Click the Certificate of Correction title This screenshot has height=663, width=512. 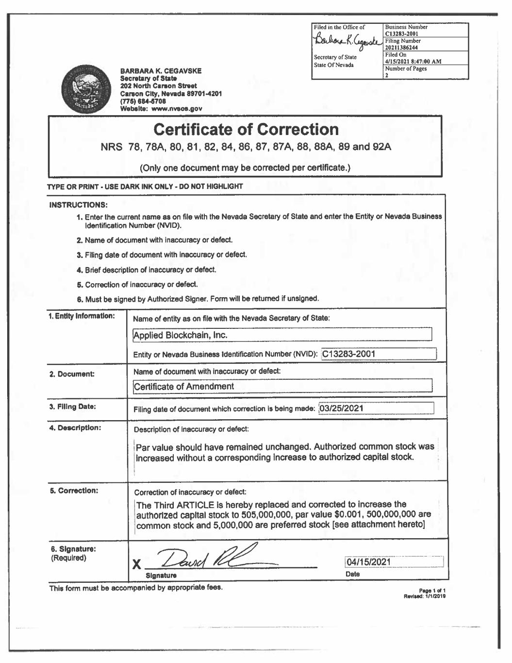coord(246,130)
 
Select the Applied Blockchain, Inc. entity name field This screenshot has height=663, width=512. coord(282,335)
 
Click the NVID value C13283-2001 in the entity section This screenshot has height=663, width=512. coord(349,354)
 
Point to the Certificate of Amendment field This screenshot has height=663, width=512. coord(282,386)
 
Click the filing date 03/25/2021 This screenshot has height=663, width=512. coord(342,408)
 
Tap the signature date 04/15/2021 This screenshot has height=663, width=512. coord(369,562)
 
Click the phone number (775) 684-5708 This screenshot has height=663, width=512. coord(143,102)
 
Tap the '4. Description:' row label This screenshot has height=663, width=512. coord(75,428)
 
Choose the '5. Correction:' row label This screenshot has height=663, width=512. coord(74,491)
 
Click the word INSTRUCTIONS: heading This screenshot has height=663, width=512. coord(79,205)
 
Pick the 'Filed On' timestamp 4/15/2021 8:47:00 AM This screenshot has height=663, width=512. coord(413,62)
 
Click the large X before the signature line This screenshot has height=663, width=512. coord(137,564)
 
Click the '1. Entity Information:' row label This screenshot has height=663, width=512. coord(82,316)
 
